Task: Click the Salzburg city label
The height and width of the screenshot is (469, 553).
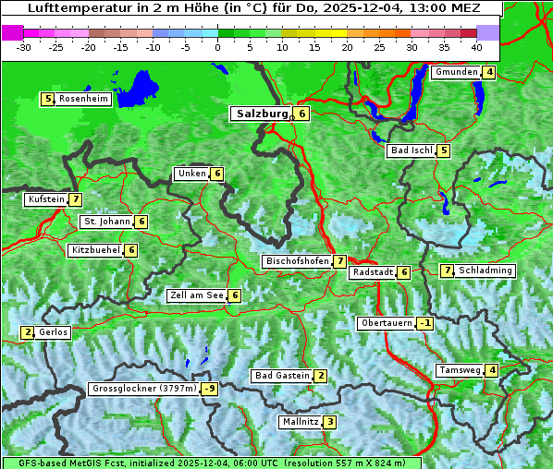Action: tap(263, 114)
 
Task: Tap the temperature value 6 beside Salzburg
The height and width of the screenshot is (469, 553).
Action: tap(302, 114)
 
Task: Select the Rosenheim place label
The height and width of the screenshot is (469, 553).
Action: tap(83, 99)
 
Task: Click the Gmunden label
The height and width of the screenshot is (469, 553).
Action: tap(457, 72)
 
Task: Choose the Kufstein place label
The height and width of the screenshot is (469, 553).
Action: tap(46, 198)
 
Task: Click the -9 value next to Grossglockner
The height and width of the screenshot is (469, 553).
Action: tap(210, 389)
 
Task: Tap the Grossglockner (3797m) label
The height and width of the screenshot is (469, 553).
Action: tap(144, 389)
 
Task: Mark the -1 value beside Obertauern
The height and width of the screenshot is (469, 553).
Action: tap(424, 323)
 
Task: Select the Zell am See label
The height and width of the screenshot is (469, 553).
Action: tap(196, 295)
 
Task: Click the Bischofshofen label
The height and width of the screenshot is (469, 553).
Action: tap(297, 261)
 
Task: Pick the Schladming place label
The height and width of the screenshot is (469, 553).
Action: tap(485, 271)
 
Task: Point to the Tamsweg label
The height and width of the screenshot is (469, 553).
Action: tap(460, 370)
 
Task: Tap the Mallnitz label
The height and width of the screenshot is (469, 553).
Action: tap(300, 422)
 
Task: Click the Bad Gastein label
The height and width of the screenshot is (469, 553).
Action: tap(282, 375)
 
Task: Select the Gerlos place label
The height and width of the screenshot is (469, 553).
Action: tap(53, 332)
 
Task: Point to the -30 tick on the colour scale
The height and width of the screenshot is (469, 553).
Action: tap(24, 47)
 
